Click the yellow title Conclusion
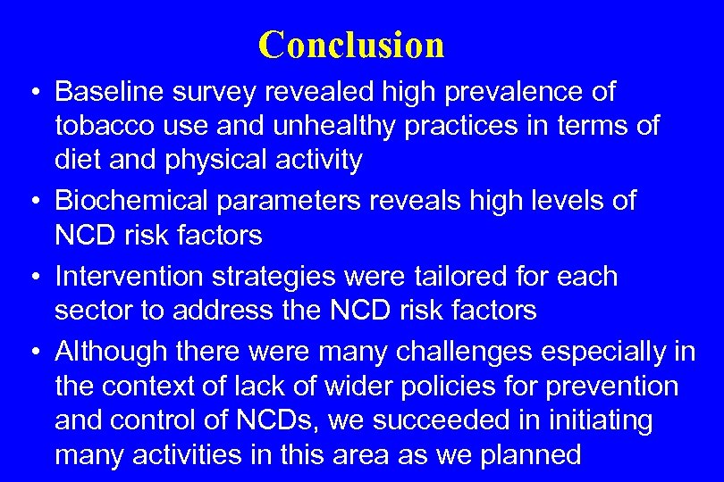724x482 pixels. (351, 45)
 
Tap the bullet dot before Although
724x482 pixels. (32, 353)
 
